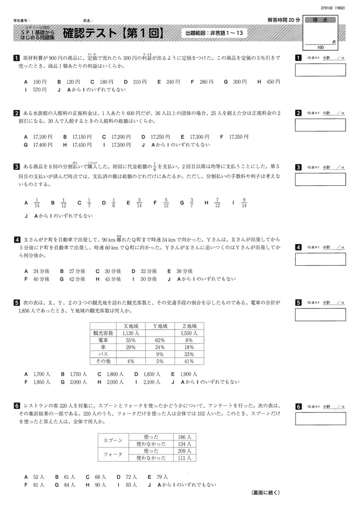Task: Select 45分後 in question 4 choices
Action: coord(112,279)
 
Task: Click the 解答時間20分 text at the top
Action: coord(284,20)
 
